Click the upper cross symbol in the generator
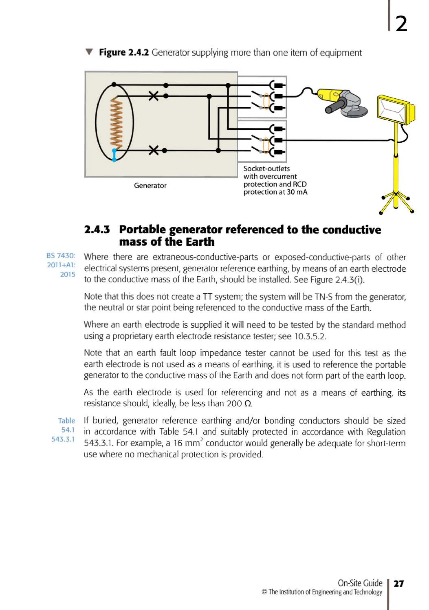(x=153, y=96)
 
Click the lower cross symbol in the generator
(x=154, y=150)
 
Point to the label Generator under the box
(x=150, y=185)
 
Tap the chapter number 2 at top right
(x=401, y=24)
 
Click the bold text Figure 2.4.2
(x=124, y=52)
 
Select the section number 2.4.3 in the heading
(x=97, y=229)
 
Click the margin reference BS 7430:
(x=61, y=255)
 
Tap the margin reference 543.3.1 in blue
(x=63, y=439)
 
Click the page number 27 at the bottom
(x=398, y=584)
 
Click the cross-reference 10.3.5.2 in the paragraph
(x=310, y=336)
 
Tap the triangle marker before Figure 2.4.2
(x=89, y=52)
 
